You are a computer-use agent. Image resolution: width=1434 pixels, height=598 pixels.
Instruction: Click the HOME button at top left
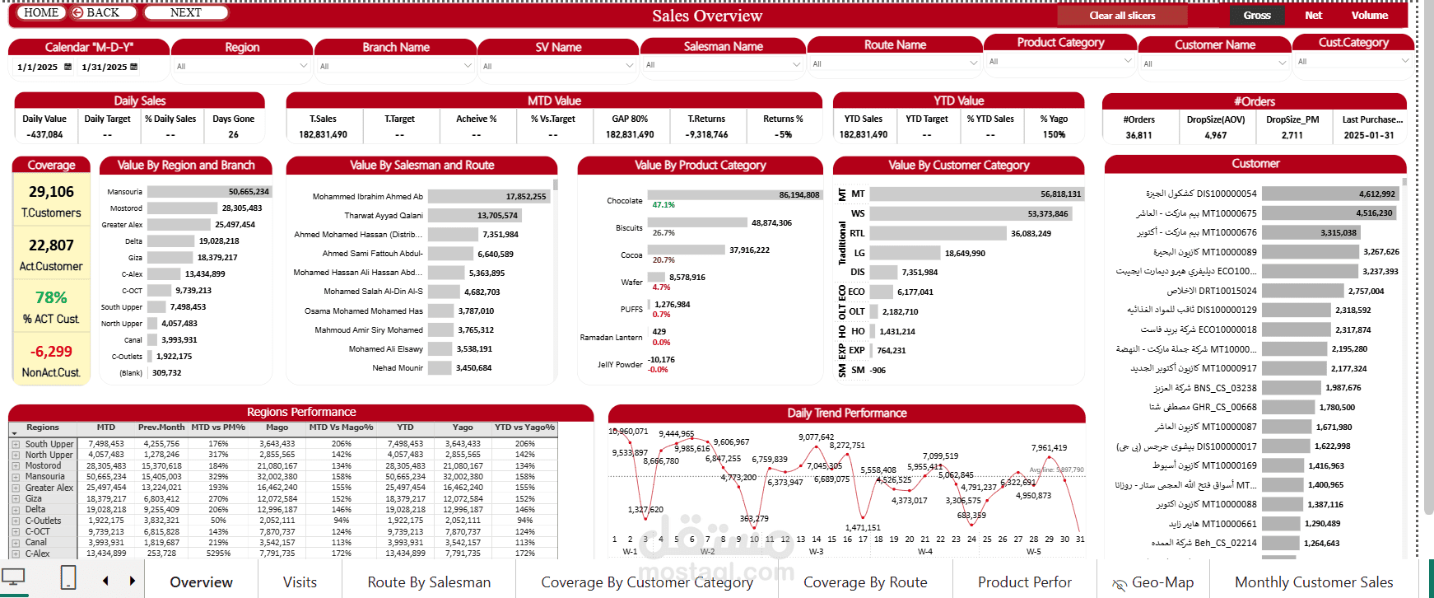point(41,12)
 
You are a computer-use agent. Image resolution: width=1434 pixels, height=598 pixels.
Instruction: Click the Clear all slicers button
point(1122,16)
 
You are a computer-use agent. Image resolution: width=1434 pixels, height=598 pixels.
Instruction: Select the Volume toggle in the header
point(1369,16)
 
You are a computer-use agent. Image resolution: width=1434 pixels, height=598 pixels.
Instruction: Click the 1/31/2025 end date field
point(105,67)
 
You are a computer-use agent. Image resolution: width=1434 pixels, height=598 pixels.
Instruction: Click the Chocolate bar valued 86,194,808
point(733,195)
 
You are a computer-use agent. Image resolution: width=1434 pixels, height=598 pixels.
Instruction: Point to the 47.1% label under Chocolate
point(663,205)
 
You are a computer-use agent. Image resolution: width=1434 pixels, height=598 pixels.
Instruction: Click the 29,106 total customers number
point(51,192)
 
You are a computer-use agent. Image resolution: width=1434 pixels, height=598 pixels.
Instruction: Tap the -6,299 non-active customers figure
point(51,352)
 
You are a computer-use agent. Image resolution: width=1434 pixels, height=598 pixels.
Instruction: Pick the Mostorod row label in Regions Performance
point(43,466)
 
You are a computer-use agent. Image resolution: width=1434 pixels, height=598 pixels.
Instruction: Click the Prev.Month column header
point(161,427)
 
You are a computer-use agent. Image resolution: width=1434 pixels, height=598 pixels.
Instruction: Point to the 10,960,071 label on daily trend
point(628,432)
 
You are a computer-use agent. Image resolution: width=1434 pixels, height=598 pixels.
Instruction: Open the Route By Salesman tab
point(429,582)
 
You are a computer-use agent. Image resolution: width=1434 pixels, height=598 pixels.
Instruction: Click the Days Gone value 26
point(233,134)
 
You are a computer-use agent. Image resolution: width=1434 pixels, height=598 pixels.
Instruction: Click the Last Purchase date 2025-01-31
point(1369,135)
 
